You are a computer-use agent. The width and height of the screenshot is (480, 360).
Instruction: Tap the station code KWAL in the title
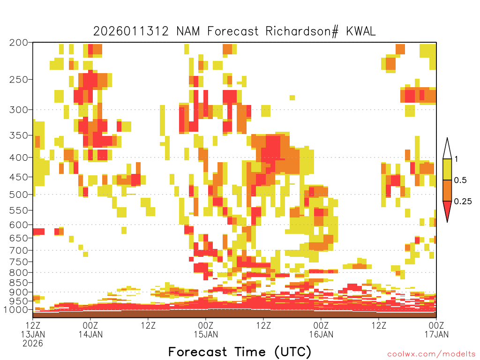coord(360,31)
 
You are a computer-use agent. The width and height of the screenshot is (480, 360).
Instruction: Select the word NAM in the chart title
coord(188,31)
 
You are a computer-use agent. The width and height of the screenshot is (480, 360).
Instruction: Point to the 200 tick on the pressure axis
coord(18,42)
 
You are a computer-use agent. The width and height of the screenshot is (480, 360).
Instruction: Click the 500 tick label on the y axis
coord(18,195)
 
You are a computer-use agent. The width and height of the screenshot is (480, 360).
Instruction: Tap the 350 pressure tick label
coord(18,135)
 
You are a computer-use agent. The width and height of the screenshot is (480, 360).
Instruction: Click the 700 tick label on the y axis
coord(18,250)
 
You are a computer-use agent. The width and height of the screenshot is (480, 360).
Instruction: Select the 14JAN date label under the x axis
coord(90,334)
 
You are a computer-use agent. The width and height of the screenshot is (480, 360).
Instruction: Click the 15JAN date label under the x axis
coord(206,334)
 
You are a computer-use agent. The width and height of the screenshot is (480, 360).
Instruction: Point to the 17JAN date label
coord(436,334)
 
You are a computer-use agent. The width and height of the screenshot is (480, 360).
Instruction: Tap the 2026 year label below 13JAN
coord(33,344)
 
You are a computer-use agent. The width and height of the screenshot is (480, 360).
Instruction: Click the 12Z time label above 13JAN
coord(33,325)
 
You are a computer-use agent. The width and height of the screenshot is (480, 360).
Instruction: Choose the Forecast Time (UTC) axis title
coord(240,352)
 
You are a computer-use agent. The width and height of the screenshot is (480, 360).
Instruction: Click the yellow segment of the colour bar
coord(447,169)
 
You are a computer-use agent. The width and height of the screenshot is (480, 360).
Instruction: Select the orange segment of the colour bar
coord(447,190)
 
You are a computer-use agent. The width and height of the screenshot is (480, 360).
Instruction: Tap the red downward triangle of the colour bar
coord(447,210)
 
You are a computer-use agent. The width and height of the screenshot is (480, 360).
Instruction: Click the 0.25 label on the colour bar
coord(463,202)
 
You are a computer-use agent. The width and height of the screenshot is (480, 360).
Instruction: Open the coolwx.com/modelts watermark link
coord(432,354)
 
